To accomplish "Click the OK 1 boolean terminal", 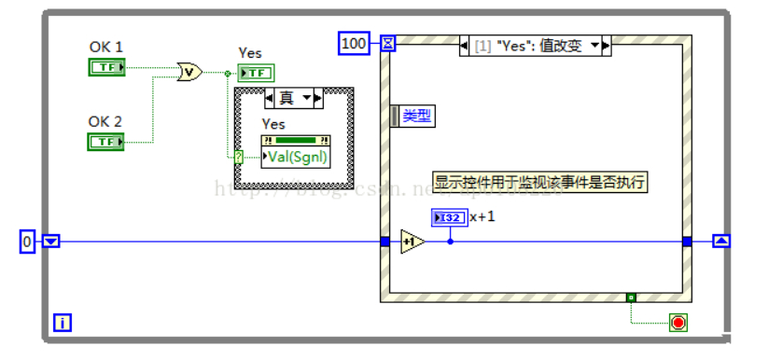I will coord(107,67).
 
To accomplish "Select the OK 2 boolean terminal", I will coord(107,142).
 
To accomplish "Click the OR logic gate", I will coord(189,72).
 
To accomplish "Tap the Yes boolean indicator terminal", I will coord(256,74).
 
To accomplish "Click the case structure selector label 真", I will coord(293,98).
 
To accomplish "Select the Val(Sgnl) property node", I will coord(296,157).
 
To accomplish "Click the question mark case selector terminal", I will coord(239,157).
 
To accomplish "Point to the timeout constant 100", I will coord(354,43).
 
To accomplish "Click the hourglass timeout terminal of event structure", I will coord(388,43).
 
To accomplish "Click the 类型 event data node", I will coord(413,116).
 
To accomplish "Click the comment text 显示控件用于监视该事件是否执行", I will coord(539,183).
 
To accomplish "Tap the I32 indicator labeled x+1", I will coord(449,217).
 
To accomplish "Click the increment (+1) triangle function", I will coord(412,242).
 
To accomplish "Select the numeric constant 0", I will coord(28,242).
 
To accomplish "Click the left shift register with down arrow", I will coord(51,242).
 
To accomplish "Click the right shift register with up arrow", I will coord(721,242).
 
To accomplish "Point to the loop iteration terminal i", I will coord(63,323).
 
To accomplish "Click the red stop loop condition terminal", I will coord(678,323).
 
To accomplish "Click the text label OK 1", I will coord(105,47).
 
